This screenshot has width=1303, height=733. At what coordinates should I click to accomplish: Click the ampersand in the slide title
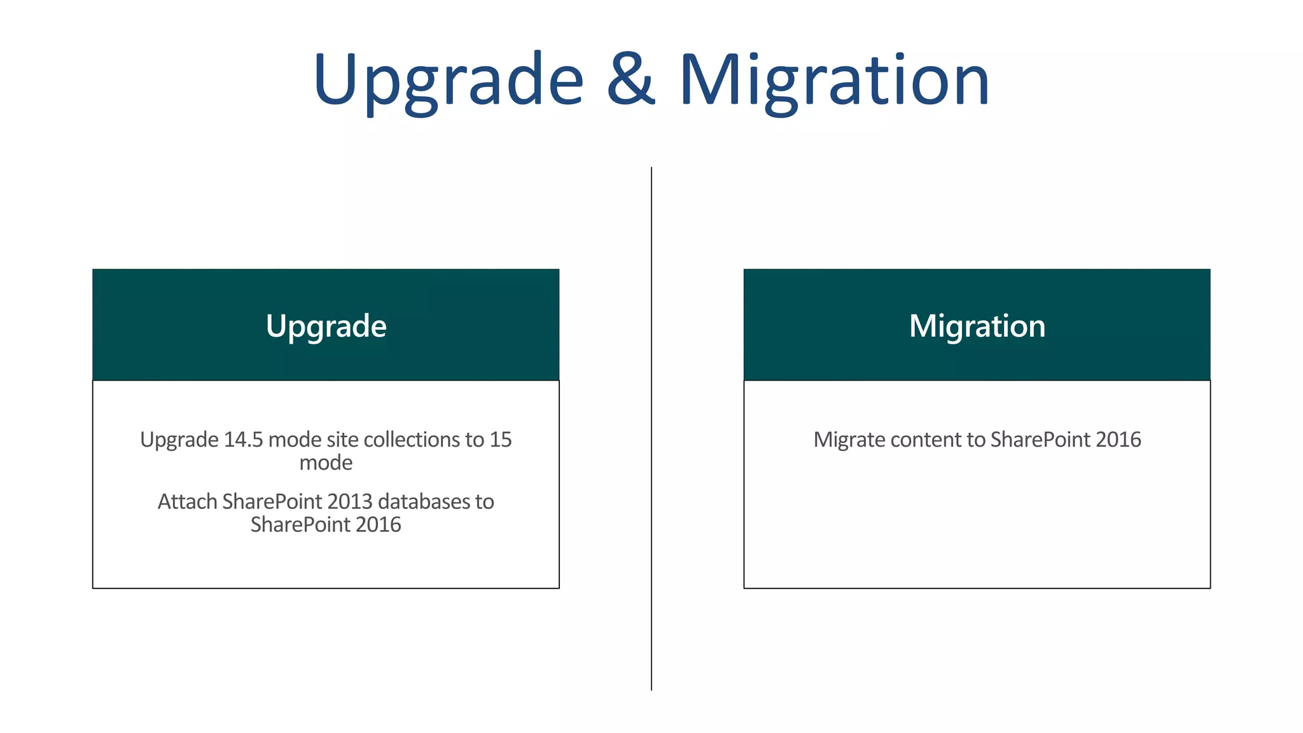click(631, 80)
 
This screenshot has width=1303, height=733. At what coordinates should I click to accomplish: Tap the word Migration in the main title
click(834, 80)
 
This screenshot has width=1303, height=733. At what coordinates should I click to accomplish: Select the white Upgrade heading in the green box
click(326, 326)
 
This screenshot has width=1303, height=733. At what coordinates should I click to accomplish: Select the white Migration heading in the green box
click(977, 326)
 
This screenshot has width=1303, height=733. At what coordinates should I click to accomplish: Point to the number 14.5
click(243, 440)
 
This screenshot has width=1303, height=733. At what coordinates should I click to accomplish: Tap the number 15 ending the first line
click(500, 440)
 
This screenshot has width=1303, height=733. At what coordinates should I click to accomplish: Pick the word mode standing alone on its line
click(326, 463)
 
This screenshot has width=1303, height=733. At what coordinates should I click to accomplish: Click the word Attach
click(187, 502)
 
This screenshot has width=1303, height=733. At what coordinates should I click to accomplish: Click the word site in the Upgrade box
click(343, 440)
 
